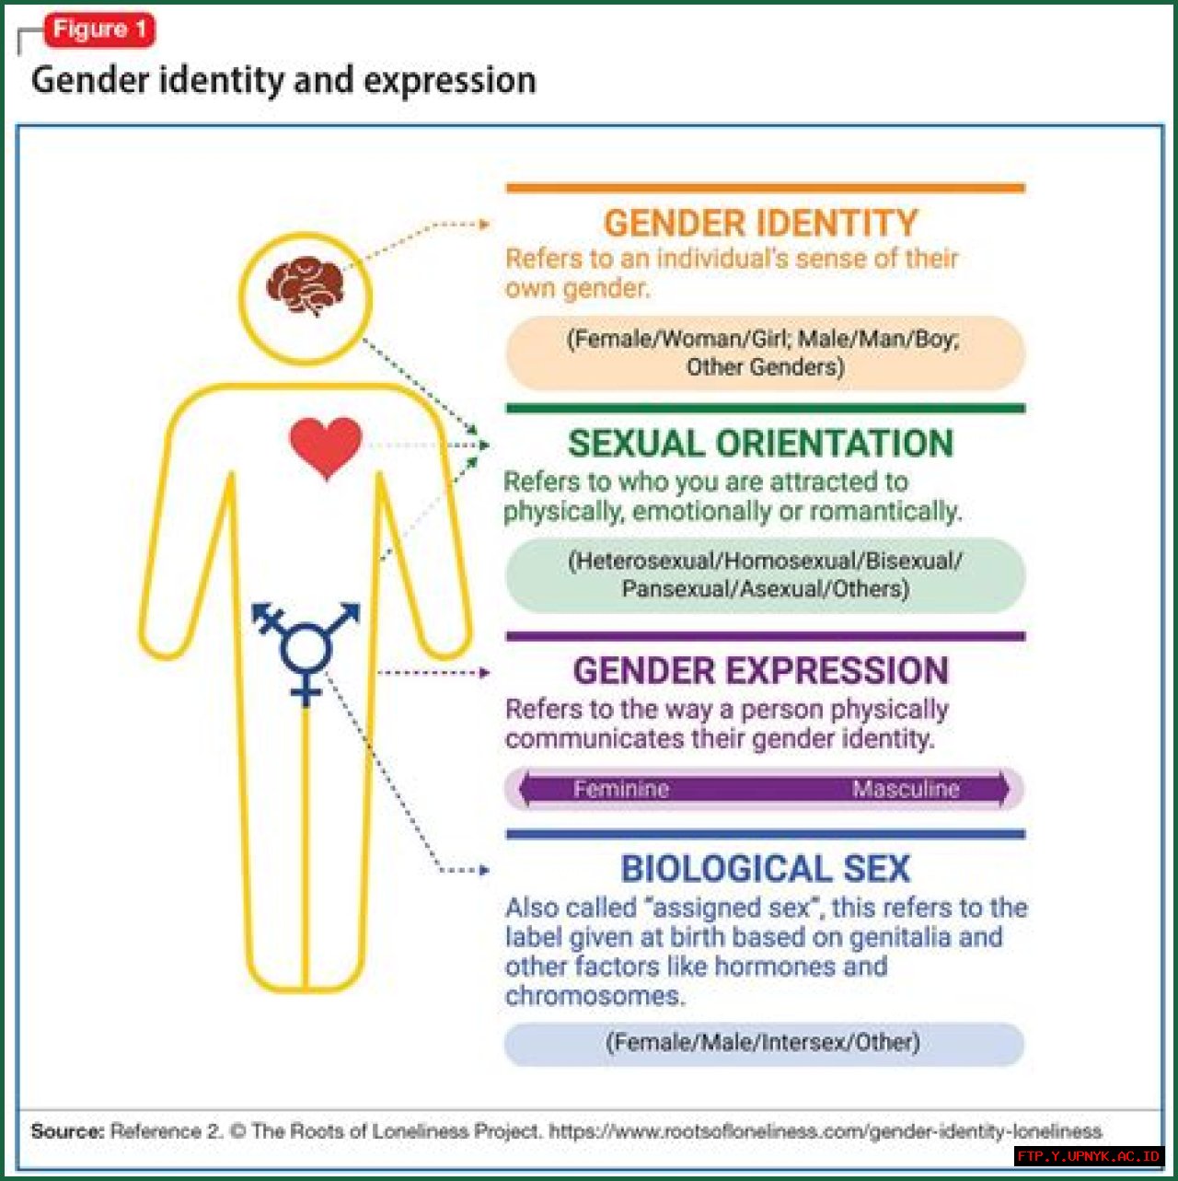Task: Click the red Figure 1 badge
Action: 99,29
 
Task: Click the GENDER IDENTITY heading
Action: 760,223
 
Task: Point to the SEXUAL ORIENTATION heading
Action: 760,443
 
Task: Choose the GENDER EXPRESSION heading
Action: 760,670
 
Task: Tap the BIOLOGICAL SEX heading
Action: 766,868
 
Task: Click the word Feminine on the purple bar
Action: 621,789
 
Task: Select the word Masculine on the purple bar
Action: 906,789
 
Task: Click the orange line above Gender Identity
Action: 766,188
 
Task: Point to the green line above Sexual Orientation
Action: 766,408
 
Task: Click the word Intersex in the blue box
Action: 811,1042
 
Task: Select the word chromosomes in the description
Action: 595,996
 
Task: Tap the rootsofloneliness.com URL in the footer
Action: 826,1130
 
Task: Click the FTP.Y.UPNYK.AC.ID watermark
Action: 1089,1156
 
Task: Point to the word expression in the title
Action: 450,81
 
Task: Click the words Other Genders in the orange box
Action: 766,367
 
